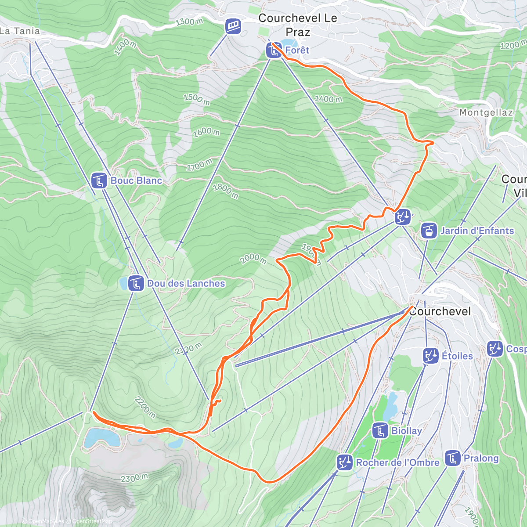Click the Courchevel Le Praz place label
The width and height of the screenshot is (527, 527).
coord(298,25)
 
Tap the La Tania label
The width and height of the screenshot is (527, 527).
coord(20,31)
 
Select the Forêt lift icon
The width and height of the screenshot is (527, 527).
coord(274,51)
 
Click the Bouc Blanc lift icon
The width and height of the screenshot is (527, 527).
coord(99,180)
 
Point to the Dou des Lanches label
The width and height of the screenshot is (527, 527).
coord(186,284)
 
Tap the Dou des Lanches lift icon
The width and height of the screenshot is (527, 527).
coord(136,284)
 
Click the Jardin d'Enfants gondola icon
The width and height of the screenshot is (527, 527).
coord(429,231)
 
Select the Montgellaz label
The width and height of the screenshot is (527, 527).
coord(486,113)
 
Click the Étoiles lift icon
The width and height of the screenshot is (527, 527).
coord(430,356)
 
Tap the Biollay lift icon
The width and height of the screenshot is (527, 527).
coord(380,431)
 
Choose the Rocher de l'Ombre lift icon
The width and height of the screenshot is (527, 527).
coord(344,462)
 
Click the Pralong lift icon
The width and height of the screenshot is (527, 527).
coord(452,458)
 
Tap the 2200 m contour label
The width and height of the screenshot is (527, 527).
coord(145,407)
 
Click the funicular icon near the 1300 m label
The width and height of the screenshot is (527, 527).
coord(233,26)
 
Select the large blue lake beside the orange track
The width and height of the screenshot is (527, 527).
coord(102,437)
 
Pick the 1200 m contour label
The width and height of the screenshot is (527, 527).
coord(513,45)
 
